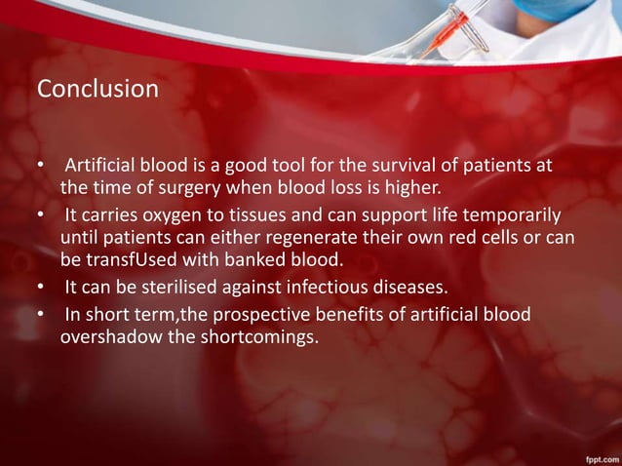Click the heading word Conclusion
tap(97, 90)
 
